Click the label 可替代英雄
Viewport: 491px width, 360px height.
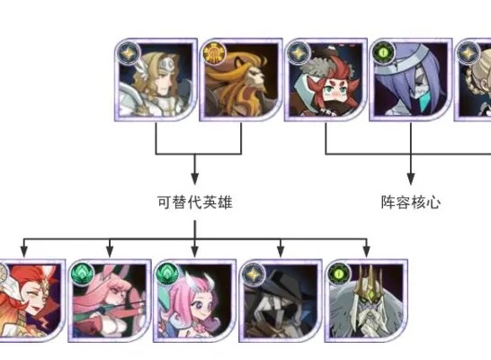[x=195, y=202]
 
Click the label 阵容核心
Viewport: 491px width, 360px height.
[x=411, y=202]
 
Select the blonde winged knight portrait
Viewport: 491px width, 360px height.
[x=156, y=80]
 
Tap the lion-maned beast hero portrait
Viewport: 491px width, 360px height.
[x=241, y=80]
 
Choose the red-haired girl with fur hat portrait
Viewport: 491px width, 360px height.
[x=326, y=80]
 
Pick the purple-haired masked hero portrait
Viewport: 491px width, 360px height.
[x=411, y=80]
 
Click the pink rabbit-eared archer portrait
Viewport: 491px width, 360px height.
[x=110, y=301]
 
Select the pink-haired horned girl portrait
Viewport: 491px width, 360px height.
[x=195, y=301]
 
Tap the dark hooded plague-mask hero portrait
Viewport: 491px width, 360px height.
[x=281, y=301]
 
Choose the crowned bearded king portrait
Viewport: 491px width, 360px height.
[x=366, y=301]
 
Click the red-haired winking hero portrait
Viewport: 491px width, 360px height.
[x=31, y=301]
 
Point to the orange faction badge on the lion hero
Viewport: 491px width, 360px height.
[x=214, y=52]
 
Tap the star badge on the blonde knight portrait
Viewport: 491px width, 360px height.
[x=129, y=52]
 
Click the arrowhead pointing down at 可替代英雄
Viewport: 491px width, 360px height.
[x=195, y=178]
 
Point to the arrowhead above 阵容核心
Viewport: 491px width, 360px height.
[x=411, y=178]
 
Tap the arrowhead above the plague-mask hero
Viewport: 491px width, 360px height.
[x=281, y=251]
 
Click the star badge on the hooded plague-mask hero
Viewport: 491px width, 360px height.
[x=254, y=274]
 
